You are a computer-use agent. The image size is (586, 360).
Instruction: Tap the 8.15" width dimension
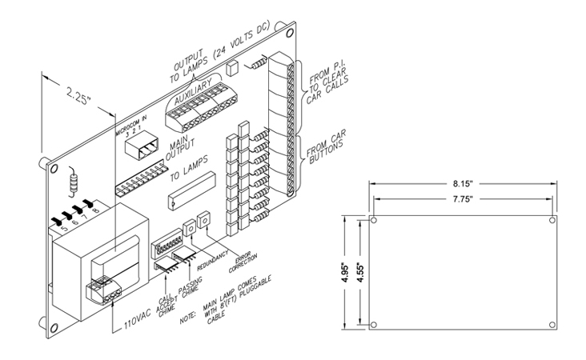click(x=462, y=183)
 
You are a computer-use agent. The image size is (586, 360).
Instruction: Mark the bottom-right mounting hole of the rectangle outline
click(x=552, y=326)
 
